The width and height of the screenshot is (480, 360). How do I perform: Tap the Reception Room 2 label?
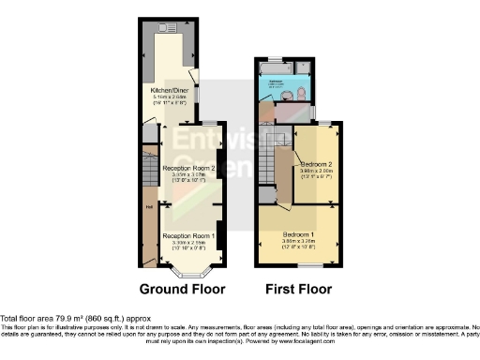tap(189, 169)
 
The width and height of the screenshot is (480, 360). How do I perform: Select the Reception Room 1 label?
tap(188, 235)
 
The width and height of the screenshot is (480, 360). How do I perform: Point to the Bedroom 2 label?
tap(317, 163)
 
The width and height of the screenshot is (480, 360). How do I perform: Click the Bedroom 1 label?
tap(300, 232)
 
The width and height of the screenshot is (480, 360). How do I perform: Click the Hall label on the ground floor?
tap(148, 208)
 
